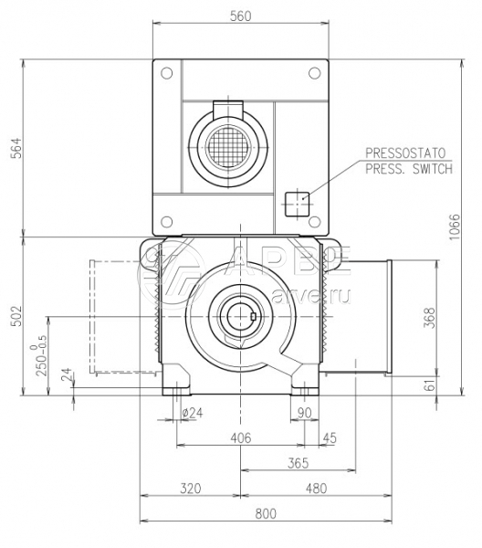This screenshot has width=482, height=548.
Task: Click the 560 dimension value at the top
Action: [x=241, y=16]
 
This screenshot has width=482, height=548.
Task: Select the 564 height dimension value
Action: [x=16, y=148]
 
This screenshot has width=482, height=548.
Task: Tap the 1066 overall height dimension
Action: [x=456, y=227]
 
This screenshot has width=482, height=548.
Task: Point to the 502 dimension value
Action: [x=16, y=316]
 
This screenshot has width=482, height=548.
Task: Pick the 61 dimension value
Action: [x=431, y=385]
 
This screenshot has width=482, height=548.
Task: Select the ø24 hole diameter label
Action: [x=192, y=413]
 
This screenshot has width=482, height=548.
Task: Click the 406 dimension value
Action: [x=241, y=437]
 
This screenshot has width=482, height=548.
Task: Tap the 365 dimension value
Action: [x=299, y=463]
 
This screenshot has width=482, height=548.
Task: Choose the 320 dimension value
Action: [x=191, y=489]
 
